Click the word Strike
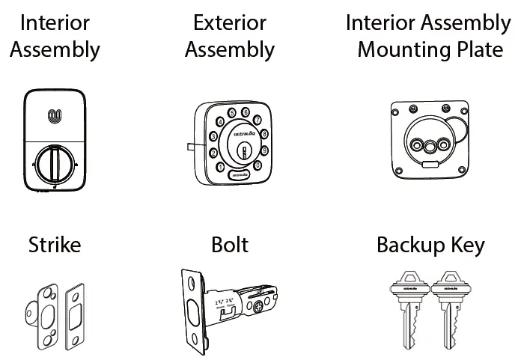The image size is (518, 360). point(55,245)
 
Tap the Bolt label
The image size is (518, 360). point(230,245)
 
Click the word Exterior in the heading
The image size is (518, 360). point(230,22)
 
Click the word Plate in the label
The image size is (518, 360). point(481,50)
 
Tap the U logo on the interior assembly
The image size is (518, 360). point(55,116)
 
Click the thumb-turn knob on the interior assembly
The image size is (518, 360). point(55,161)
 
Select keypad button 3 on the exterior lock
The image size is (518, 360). point(213,136)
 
